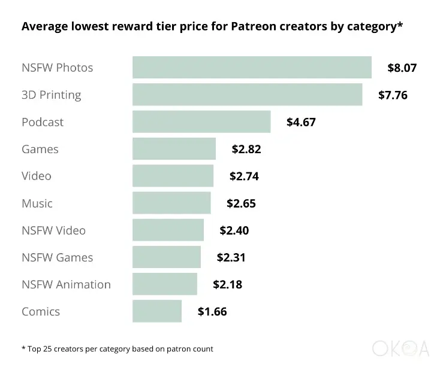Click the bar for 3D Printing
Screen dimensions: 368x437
pyautogui.click(x=247, y=95)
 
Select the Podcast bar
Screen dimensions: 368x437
pyautogui.click(x=201, y=121)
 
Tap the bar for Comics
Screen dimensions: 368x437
pyautogui.click(x=157, y=311)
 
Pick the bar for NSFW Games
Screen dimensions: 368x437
pyautogui.click(x=167, y=257)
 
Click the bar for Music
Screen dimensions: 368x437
pyautogui.click(x=171, y=203)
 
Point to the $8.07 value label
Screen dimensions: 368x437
pyautogui.click(x=402, y=68)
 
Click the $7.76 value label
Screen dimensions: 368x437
pyautogui.click(x=393, y=95)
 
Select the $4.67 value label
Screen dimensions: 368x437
pyautogui.click(x=301, y=122)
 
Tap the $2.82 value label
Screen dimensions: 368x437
pyautogui.click(x=246, y=149)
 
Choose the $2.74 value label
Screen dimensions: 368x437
pyautogui.click(x=244, y=176)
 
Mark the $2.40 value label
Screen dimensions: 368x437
pyautogui.click(x=234, y=230)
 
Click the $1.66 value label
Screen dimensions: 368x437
pyautogui.click(x=212, y=311)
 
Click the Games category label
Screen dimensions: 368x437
pyautogui.click(x=40, y=149)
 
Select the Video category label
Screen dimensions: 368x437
pyautogui.click(x=37, y=176)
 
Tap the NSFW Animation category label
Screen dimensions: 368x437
pyautogui.click(x=66, y=284)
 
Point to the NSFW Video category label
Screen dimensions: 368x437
pyautogui.click(x=53, y=230)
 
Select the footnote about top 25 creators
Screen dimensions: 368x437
pyautogui.click(x=117, y=348)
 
